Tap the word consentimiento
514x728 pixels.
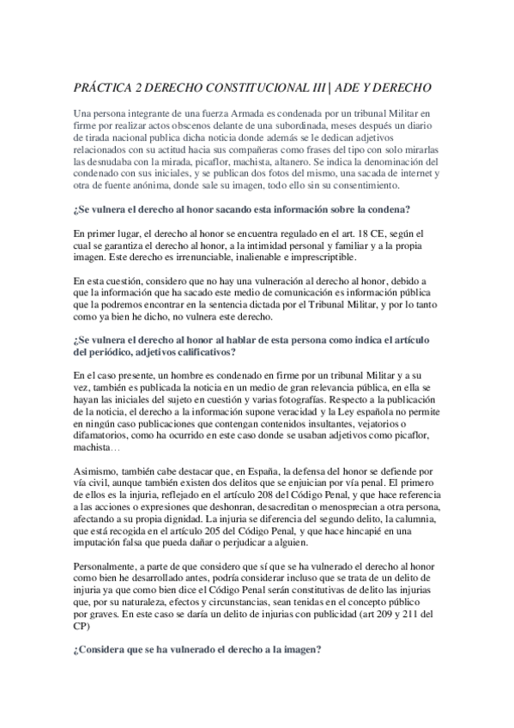(x=361, y=185)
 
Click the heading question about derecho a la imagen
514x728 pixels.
(x=197, y=651)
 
